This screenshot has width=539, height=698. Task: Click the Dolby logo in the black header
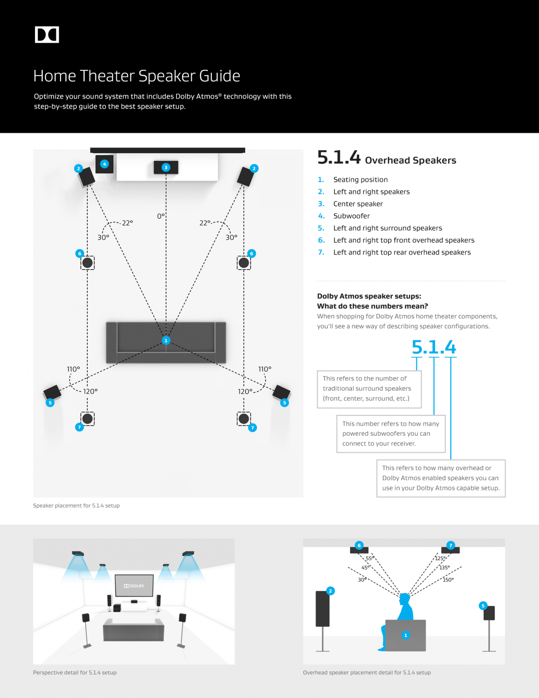(47, 35)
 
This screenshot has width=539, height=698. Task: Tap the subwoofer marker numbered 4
(104, 164)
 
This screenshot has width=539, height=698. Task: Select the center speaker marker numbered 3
(166, 167)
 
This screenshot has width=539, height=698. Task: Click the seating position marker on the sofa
(166, 340)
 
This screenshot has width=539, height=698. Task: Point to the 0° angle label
(161, 216)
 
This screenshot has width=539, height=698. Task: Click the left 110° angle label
(74, 369)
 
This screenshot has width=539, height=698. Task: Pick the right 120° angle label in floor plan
(245, 392)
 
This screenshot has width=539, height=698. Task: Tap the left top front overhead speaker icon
(87, 263)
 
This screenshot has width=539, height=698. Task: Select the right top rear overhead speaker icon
(244, 418)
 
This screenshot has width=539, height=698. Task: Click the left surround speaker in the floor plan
(52, 392)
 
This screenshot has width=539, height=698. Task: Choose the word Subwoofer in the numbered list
(351, 216)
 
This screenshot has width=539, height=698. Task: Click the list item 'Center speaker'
(358, 204)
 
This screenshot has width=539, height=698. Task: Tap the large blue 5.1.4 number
(434, 347)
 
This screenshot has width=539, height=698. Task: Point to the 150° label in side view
(448, 580)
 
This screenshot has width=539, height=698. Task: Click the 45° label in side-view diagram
(365, 568)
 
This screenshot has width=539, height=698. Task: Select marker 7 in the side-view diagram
(451, 545)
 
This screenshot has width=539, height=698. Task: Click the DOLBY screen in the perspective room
(134, 586)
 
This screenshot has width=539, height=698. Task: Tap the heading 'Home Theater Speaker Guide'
(137, 76)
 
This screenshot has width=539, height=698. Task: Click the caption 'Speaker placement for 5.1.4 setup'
(76, 506)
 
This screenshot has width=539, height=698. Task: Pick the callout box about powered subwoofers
(391, 433)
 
